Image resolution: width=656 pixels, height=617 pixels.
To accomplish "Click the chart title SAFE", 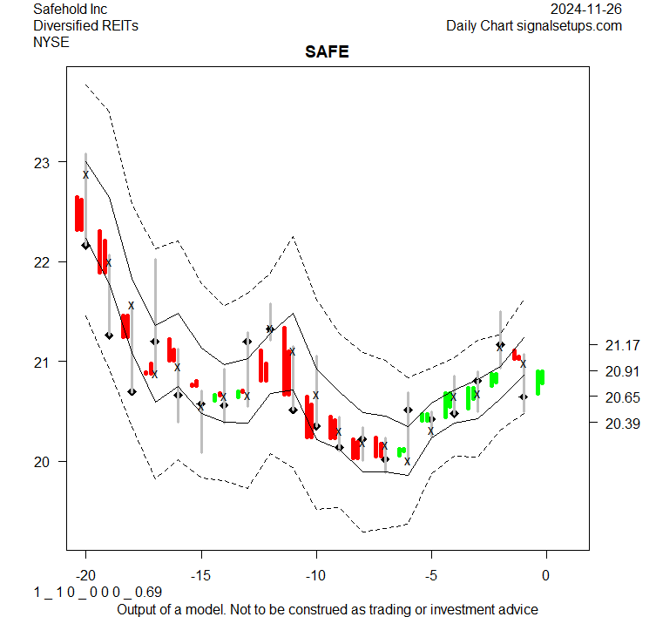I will coord(327,52).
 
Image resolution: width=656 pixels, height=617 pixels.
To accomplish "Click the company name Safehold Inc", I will coord(70,10).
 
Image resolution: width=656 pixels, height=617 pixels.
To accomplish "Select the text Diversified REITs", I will coord(85,25).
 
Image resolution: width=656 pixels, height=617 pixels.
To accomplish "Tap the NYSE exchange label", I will coord(51,41).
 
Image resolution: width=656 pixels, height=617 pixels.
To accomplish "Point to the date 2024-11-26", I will coord(586,10).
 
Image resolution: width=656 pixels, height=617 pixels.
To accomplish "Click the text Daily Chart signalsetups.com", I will coord(534,25).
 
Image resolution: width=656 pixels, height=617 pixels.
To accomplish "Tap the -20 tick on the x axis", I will coord(85,574).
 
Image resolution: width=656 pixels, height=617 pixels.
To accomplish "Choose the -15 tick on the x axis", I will coord(200,574).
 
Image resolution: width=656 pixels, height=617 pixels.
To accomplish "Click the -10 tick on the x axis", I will coord(315,574).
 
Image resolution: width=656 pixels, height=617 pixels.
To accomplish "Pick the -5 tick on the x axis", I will coord(430,574).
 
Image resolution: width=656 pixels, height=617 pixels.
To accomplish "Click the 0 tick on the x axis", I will coord(546,574).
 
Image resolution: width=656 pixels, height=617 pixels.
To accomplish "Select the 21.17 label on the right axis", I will coord(621,345).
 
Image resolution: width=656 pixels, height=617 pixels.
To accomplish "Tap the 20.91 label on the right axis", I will coord(621,371).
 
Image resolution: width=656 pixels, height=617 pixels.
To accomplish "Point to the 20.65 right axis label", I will coord(621,397).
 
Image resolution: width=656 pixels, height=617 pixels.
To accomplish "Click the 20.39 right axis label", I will coord(621,424).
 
